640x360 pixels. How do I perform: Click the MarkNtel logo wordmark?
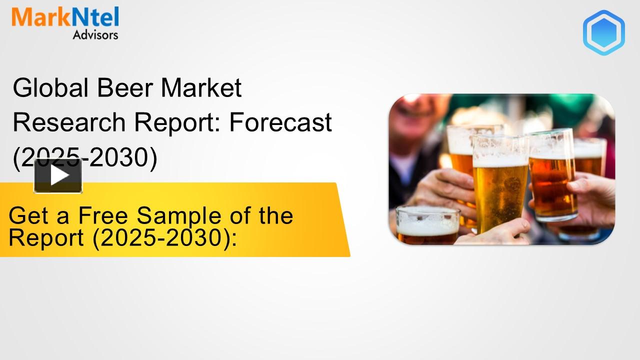(65, 18)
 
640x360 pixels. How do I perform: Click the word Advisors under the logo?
(95, 35)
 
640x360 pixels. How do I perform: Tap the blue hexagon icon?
(603, 32)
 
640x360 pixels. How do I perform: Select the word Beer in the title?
(125, 88)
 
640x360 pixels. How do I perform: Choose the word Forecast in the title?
(280, 122)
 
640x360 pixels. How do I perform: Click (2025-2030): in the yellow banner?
(164, 238)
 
